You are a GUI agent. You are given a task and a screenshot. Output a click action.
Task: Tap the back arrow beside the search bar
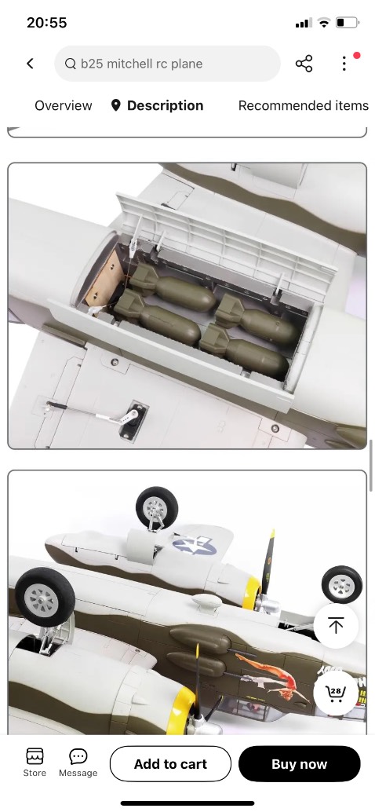click(x=30, y=63)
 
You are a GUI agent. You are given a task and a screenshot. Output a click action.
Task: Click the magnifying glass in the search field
click(x=71, y=64)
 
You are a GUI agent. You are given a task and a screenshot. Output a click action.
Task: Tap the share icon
click(x=304, y=64)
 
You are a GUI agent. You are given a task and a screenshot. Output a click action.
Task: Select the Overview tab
click(x=63, y=106)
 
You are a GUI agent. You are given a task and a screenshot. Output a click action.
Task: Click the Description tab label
click(x=165, y=106)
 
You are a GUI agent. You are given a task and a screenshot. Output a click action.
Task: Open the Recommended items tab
click(x=303, y=106)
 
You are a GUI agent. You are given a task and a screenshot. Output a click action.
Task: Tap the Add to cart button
click(x=170, y=764)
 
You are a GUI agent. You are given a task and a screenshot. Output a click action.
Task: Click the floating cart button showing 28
click(x=336, y=693)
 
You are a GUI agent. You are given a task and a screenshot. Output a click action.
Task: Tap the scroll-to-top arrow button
click(x=336, y=626)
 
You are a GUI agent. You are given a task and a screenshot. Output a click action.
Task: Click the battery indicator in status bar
click(x=348, y=23)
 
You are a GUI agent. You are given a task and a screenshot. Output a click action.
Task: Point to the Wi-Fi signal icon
click(x=324, y=23)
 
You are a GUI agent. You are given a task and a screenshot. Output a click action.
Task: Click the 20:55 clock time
click(x=46, y=23)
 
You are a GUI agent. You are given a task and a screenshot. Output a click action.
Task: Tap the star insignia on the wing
click(x=194, y=545)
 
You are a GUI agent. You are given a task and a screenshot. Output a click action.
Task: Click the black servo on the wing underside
click(x=133, y=420)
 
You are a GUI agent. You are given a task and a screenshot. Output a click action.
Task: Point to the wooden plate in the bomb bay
click(x=103, y=276)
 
